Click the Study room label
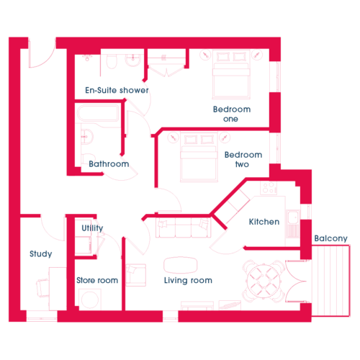[41, 254]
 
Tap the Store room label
[97, 280]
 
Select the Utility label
[92, 228]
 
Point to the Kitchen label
[264, 222]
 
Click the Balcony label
[331, 238]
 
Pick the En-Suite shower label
[117, 90]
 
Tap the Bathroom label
[109, 164]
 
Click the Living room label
[188, 280]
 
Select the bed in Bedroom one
[231, 74]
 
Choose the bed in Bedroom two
[199, 157]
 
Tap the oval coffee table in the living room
[181, 265]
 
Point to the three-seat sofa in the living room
[184, 228]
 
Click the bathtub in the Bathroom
[98, 113]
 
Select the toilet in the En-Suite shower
[112, 61]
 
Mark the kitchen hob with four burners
[269, 188]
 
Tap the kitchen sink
[293, 218]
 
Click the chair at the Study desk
[42, 288]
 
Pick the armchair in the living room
[135, 275]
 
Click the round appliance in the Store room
[90, 300]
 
